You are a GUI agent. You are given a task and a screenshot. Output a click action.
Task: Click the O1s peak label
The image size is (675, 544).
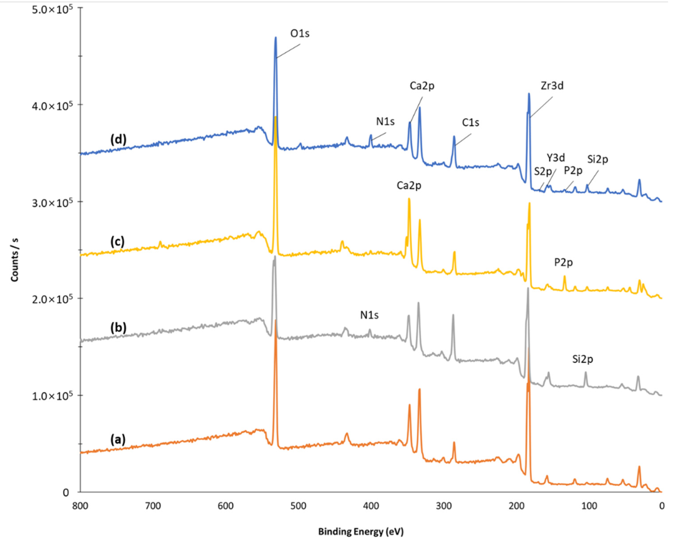click(300, 34)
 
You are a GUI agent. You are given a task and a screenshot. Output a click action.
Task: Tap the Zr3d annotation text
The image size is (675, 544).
click(552, 86)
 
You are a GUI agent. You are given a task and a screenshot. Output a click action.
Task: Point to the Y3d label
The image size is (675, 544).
click(556, 158)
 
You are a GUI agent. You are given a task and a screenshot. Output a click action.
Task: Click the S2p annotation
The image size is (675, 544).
click(543, 172)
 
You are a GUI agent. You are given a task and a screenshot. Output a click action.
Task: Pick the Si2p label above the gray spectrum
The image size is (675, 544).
click(583, 359)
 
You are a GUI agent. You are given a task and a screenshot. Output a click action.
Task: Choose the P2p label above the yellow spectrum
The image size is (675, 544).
click(563, 262)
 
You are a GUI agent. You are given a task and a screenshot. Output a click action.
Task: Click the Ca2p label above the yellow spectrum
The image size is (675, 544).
click(409, 186)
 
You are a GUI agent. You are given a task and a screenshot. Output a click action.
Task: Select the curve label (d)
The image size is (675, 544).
click(118, 140)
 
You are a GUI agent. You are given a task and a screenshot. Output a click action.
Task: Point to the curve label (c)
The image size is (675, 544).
click(117, 242)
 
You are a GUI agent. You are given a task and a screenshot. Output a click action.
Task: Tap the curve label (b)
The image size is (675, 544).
click(118, 328)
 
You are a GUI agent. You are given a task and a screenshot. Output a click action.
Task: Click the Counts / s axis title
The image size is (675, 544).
click(15, 260)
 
